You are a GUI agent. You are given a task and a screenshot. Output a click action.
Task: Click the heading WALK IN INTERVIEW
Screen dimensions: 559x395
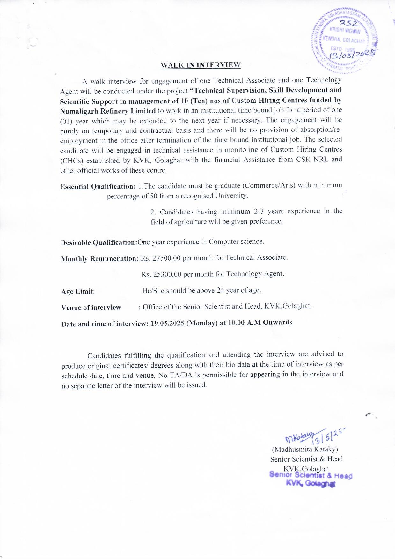click(x=201, y=65)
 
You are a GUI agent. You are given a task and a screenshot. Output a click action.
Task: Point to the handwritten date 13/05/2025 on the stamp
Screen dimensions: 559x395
click(x=350, y=55)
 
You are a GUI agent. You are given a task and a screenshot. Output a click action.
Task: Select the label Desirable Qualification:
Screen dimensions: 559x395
click(x=99, y=242)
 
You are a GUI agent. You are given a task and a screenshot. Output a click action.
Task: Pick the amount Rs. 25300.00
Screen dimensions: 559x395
click(x=162, y=274)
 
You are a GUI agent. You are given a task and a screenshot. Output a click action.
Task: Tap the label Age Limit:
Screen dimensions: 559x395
click(x=78, y=291)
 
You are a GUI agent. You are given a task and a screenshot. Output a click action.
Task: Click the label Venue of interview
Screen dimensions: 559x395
click(x=91, y=308)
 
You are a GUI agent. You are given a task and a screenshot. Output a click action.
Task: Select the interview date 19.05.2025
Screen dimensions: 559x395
click(x=167, y=323)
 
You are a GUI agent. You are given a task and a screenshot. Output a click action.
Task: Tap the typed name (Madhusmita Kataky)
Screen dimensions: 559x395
click(x=305, y=449)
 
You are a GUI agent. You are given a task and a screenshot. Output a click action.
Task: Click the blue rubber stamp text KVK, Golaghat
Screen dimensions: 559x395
click(x=311, y=483)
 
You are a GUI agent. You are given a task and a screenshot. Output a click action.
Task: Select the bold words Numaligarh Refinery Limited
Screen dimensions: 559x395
click(x=108, y=111)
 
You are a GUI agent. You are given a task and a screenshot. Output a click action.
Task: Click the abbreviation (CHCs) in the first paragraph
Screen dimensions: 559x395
click(x=72, y=160)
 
